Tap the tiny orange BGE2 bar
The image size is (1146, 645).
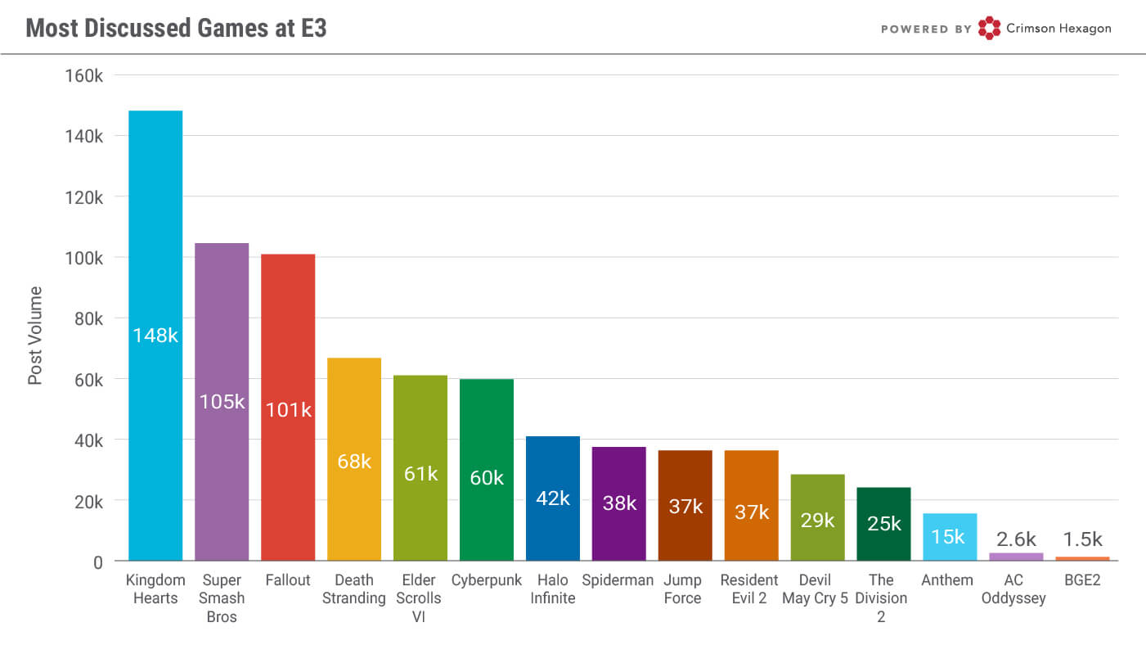1082,558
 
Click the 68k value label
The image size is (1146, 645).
354,462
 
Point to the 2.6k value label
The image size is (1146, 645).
1016,539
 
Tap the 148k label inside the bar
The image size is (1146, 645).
155,335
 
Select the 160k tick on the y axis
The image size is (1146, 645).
83,76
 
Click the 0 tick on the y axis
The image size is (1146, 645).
97,562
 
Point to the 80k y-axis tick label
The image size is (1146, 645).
88,319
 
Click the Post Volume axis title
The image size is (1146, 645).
35,336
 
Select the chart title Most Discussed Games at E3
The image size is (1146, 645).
176,28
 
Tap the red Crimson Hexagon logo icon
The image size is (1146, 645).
989,28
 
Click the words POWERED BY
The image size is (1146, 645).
926,29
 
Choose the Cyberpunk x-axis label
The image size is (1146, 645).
487,580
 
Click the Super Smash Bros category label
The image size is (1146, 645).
222,598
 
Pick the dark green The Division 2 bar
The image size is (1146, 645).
883,524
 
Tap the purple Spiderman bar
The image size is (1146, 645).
618,503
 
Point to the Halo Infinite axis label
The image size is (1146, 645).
553,589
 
